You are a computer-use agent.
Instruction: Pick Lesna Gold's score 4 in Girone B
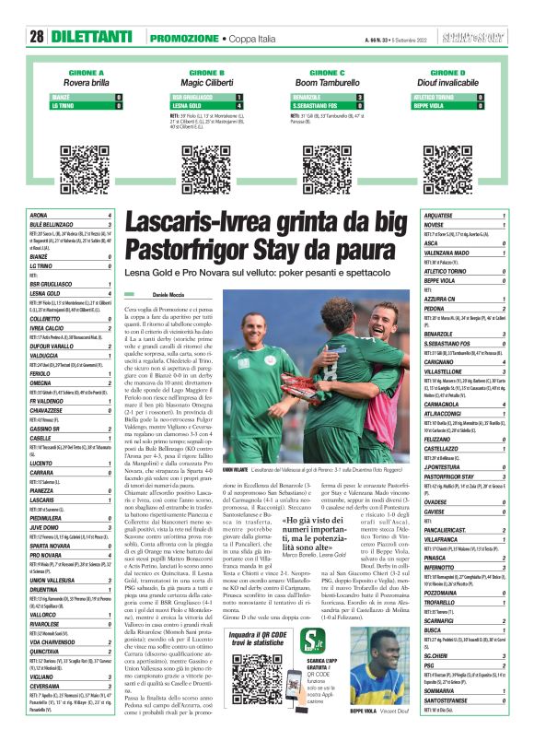click(239, 106)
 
